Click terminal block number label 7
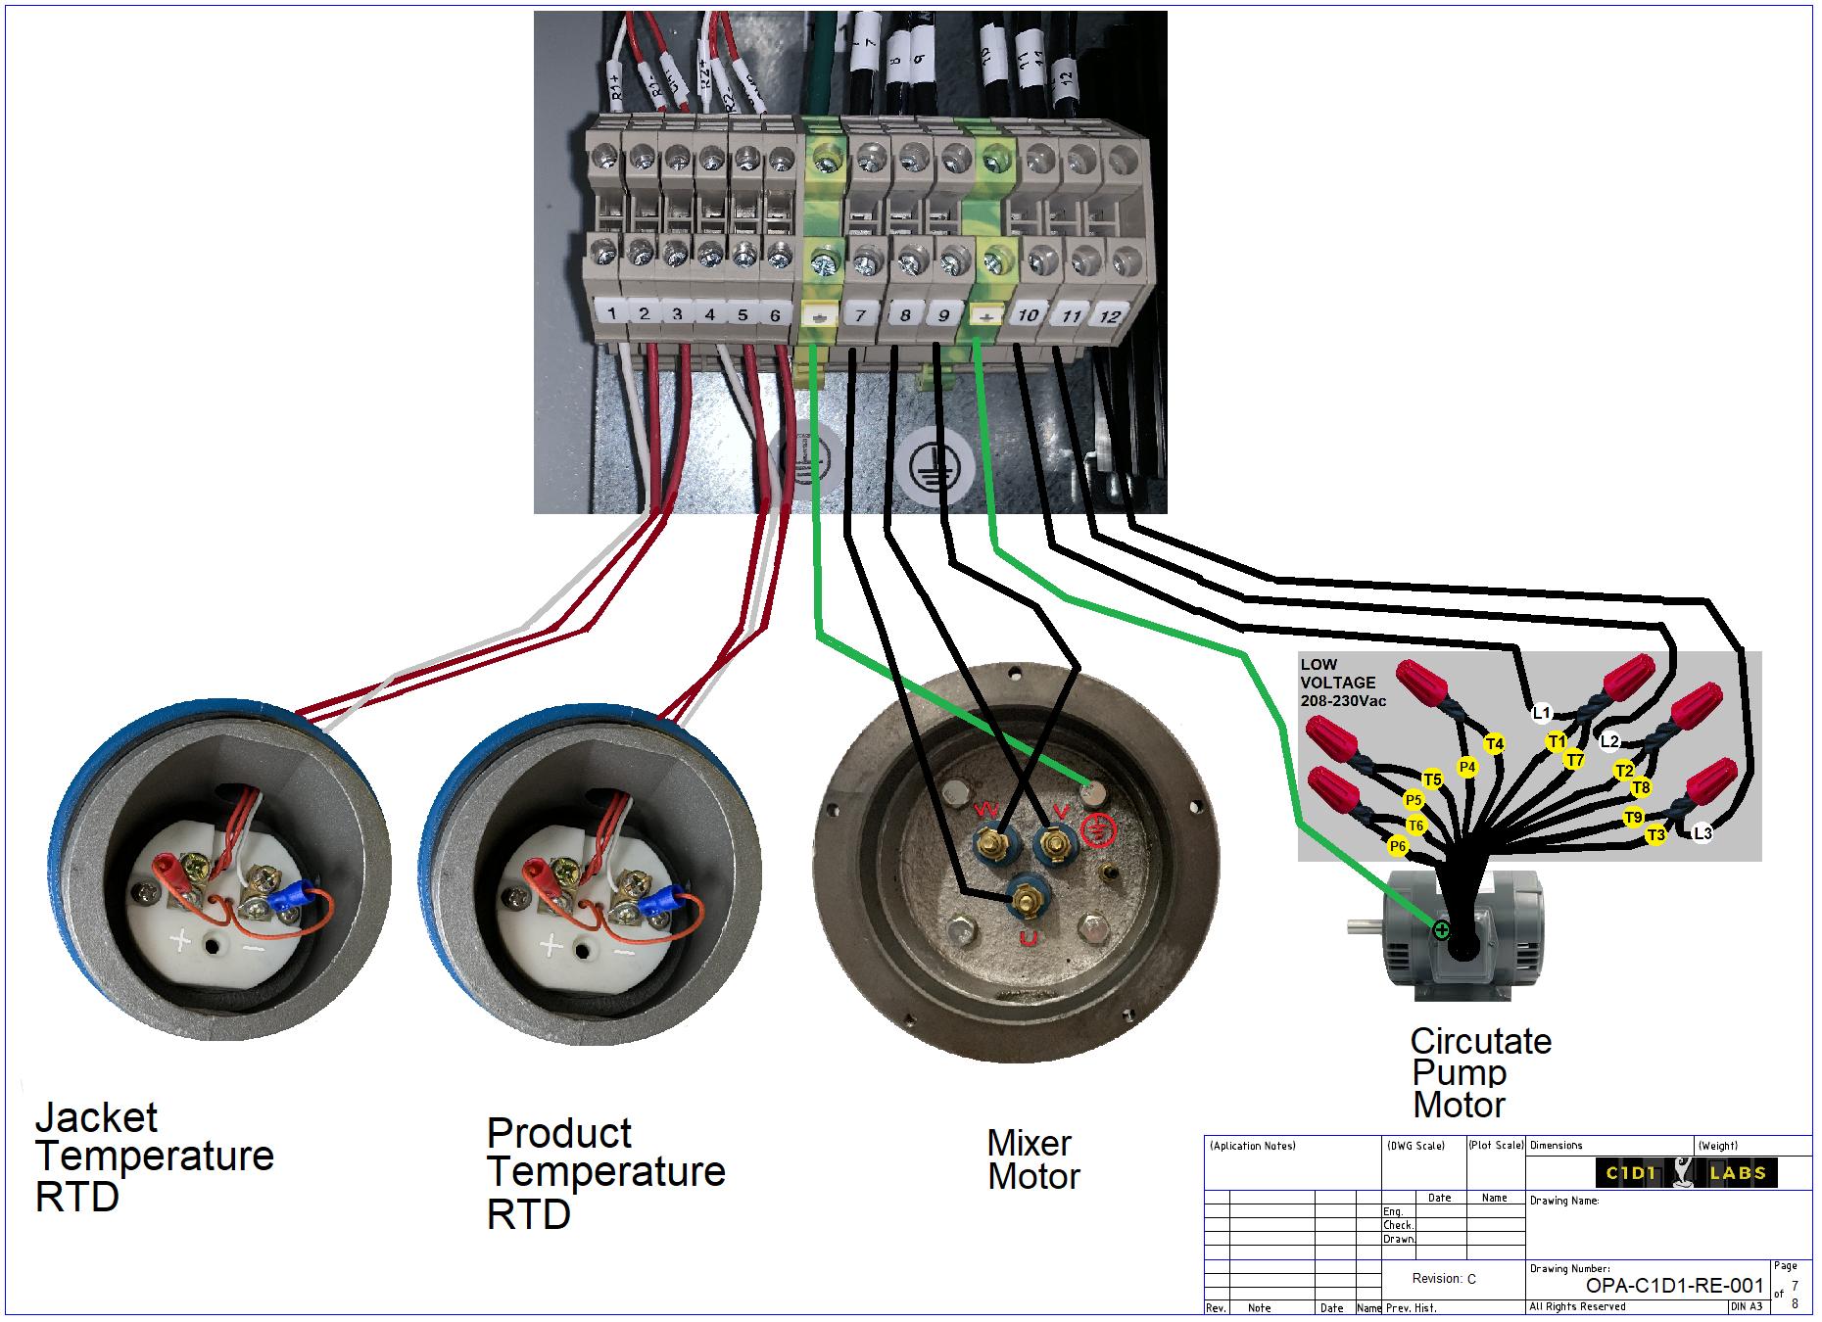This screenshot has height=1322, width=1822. click(860, 315)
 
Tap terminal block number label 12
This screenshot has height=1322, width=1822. click(1109, 316)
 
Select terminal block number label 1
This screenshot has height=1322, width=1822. click(612, 313)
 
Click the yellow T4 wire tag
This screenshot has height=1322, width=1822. click(1494, 744)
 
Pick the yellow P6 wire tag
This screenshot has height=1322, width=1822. click(1398, 846)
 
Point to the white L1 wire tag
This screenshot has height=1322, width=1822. click(1542, 713)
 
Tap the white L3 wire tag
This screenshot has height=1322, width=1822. click(1702, 833)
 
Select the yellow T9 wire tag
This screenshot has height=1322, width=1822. click(1633, 818)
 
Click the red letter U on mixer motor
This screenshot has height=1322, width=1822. click(1029, 938)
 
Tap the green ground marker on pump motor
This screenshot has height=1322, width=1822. click(1441, 929)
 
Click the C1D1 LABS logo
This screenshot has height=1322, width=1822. click(1686, 1172)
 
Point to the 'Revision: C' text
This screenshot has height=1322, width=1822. click(1443, 1279)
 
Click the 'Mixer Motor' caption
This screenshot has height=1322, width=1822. click(1033, 1160)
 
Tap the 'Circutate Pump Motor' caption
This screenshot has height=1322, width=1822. click(1479, 1073)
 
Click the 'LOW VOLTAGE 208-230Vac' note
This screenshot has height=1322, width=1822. click(1342, 683)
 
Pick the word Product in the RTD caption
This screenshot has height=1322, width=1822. click(559, 1134)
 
